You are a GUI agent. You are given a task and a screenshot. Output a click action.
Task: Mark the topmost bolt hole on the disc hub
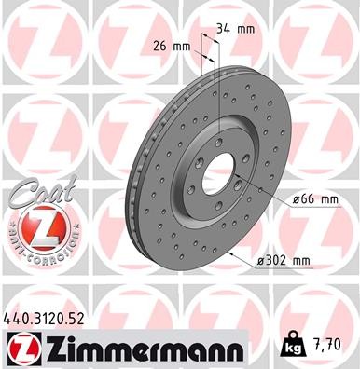click(217, 142)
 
